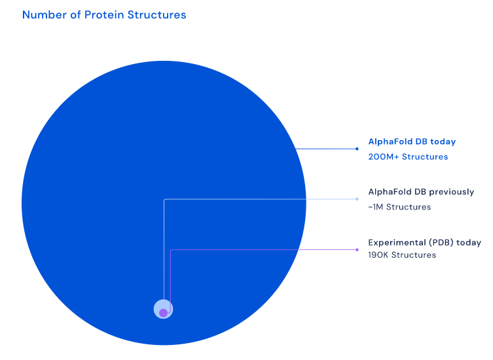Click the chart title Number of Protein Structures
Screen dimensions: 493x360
[x=104, y=15]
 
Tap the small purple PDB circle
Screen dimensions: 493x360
[x=163, y=313]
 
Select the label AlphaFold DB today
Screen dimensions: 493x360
[x=412, y=142]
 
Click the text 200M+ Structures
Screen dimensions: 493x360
[x=408, y=156]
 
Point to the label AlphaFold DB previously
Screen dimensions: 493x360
[x=421, y=192]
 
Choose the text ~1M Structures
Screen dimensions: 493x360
[x=399, y=207]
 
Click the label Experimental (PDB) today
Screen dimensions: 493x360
[x=424, y=243]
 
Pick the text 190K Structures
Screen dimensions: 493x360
[x=402, y=255]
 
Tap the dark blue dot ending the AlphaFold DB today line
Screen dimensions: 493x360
[x=357, y=149]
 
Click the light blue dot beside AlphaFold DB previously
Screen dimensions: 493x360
[x=357, y=199]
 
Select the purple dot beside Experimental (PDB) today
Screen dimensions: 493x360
[x=357, y=249]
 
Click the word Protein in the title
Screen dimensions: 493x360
[x=104, y=15]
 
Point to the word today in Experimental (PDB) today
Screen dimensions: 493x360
[x=469, y=243]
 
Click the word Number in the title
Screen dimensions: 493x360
[x=45, y=15]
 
